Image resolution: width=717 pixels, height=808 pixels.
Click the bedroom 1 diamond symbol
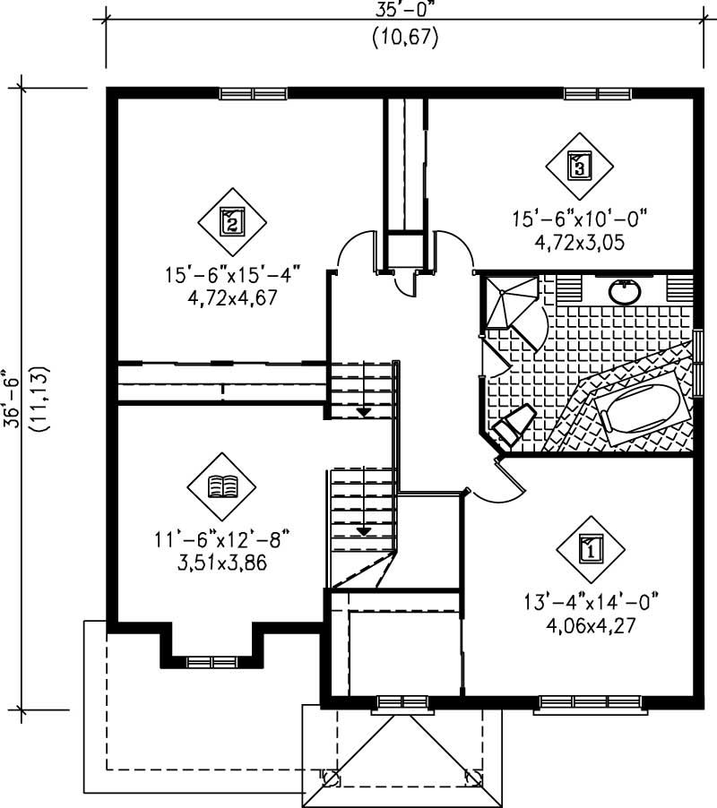pos(590,547)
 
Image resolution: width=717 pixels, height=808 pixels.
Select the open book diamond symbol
pos(220,486)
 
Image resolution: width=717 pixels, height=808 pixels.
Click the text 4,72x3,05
pos(579,241)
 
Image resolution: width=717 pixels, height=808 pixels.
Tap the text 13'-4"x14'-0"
pos(592,603)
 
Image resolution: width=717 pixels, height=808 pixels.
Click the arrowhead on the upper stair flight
pos(365,411)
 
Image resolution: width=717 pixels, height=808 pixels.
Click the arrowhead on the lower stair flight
pos(364,530)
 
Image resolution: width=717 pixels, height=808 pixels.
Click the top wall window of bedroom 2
pos(253,93)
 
